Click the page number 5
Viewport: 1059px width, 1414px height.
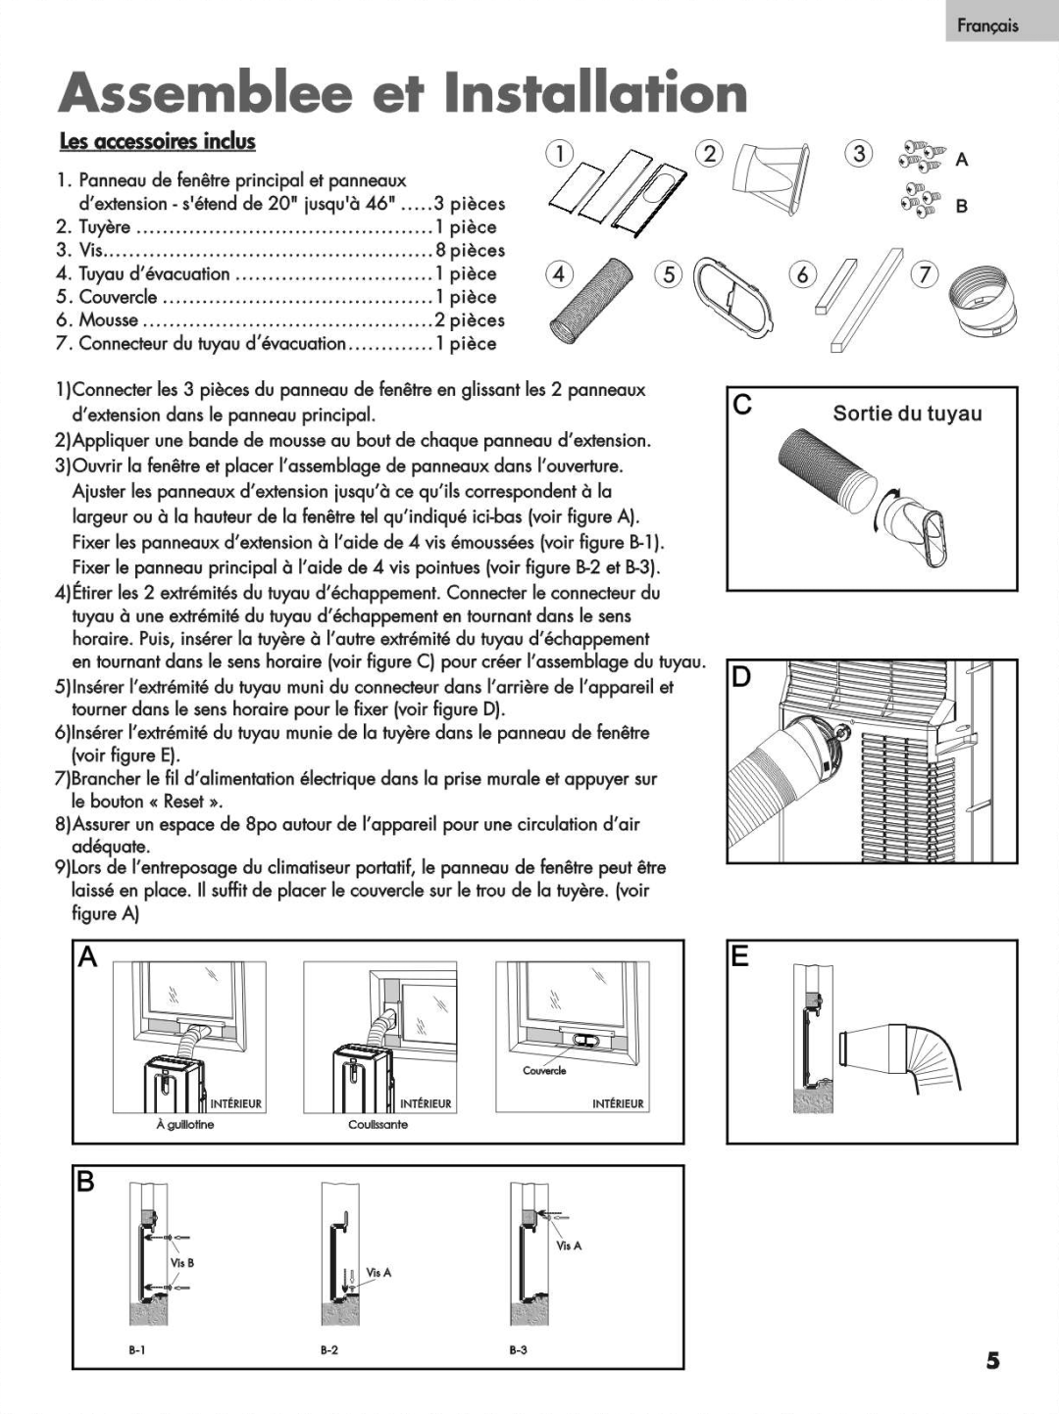pyautogui.click(x=992, y=1360)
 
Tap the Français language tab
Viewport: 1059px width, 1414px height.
pyautogui.click(x=987, y=26)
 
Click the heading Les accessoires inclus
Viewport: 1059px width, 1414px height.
pyautogui.click(x=157, y=141)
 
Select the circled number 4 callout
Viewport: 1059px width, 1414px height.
pyautogui.click(x=557, y=274)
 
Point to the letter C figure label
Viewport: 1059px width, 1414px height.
pyautogui.click(x=743, y=405)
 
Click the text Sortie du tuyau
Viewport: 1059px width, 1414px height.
pyautogui.click(x=907, y=414)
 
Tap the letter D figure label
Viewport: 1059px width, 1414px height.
pyautogui.click(x=742, y=676)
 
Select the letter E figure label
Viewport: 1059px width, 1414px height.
pyautogui.click(x=740, y=955)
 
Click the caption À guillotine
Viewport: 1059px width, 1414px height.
pyautogui.click(x=184, y=1125)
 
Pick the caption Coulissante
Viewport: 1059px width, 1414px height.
pyautogui.click(x=378, y=1125)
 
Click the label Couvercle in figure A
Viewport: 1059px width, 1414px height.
pyautogui.click(x=543, y=1071)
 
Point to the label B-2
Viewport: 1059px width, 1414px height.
pyautogui.click(x=328, y=1349)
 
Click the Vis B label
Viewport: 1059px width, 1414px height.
pyautogui.click(x=182, y=1263)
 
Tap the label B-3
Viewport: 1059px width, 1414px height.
pyautogui.click(x=518, y=1349)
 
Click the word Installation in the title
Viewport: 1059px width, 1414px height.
pyautogui.click(x=595, y=94)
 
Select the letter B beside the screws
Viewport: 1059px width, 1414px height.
pyautogui.click(x=962, y=206)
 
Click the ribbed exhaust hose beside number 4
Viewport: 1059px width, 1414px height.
pyautogui.click(x=586, y=298)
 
